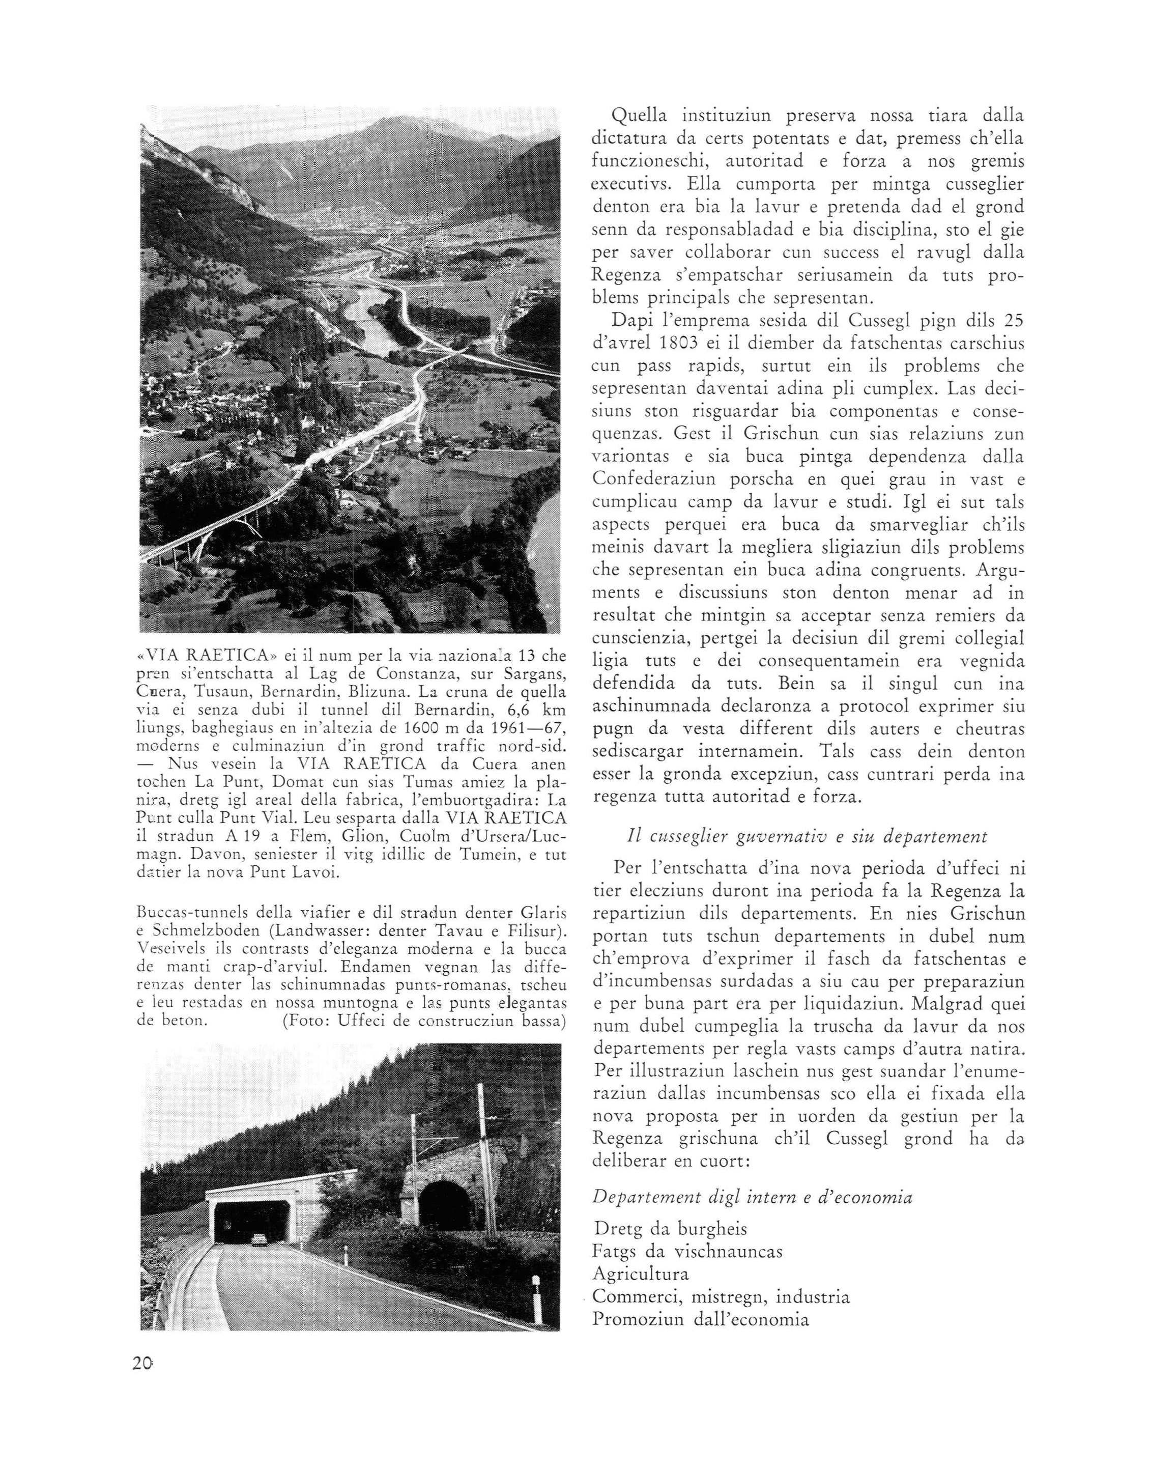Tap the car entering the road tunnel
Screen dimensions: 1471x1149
pyautogui.click(x=260, y=1240)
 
